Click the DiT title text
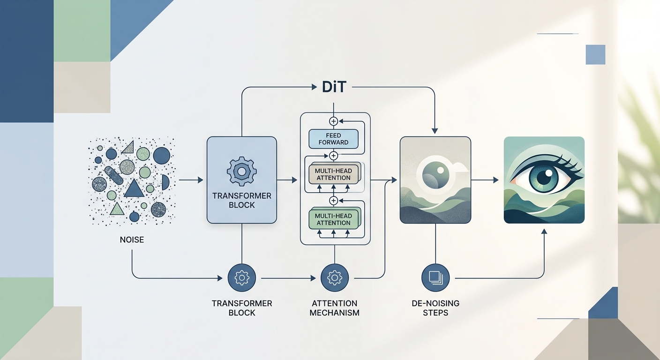pyautogui.click(x=334, y=87)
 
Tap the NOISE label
pyautogui.click(x=132, y=240)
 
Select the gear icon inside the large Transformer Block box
pyautogui.click(x=241, y=172)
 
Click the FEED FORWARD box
pyautogui.click(x=333, y=139)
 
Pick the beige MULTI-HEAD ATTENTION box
pyautogui.click(x=333, y=174)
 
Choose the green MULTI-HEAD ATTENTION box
pyautogui.click(x=333, y=219)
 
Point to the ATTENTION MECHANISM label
pyautogui.click(x=334, y=308)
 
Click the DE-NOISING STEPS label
pyautogui.click(x=436, y=308)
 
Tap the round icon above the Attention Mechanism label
pyautogui.click(x=335, y=278)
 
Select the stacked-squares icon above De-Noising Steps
pyautogui.click(x=436, y=278)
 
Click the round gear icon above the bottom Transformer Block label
pyautogui.click(x=241, y=278)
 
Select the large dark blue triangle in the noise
pyautogui.click(x=134, y=188)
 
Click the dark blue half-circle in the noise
pyautogui.click(x=165, y=182)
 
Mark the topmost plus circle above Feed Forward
pyautogui.click(x=334, y=121)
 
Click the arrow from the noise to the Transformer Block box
pyautogui.click(x=191, y=180)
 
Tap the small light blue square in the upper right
pyautogui.click(x=595, y=54)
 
